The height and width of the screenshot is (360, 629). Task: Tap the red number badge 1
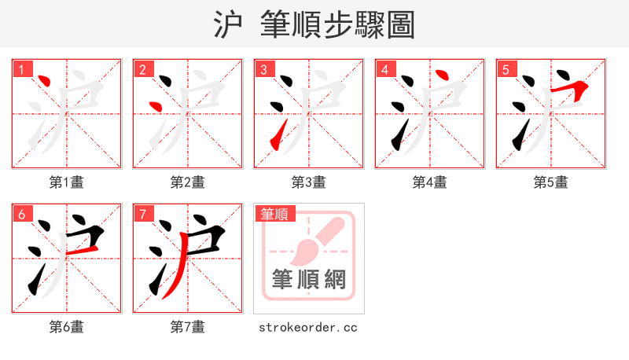coord(21,70)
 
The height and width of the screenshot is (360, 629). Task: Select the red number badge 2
coord(142,70)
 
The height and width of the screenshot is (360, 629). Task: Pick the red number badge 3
coord(263,70)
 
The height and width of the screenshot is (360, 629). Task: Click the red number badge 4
coord(384,70)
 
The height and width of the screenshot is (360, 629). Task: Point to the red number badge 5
coord(506,70)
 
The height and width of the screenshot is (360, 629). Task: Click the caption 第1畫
coord(67,182)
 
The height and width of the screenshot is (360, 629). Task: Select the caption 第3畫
coord(309,182)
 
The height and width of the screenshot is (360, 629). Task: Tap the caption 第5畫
coord(550,182)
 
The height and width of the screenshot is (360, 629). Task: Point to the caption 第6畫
coord(67,327)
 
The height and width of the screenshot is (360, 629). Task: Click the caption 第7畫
coord(188,327)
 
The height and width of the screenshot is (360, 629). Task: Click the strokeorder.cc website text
coord(308,327)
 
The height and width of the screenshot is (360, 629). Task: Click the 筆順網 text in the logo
coord(308,279)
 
